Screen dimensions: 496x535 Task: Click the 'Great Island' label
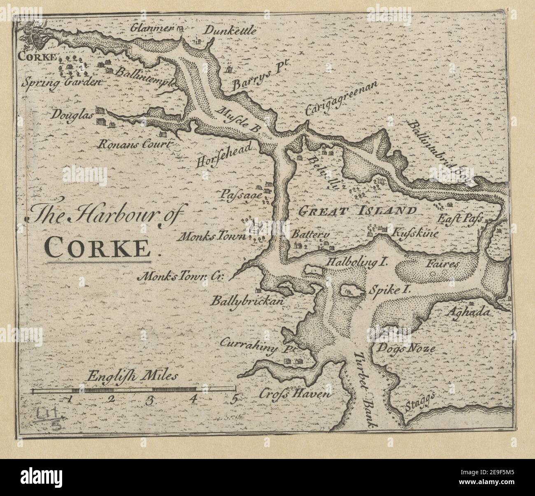pos(357,211)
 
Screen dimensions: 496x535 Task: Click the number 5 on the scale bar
pos(235,399)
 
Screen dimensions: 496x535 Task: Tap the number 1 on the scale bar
pos(71,399)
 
